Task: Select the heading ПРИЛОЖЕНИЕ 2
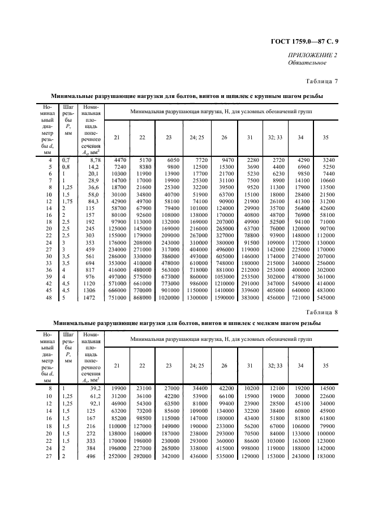(x=312, y=55)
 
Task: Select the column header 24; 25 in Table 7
(x=196, y=138)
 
